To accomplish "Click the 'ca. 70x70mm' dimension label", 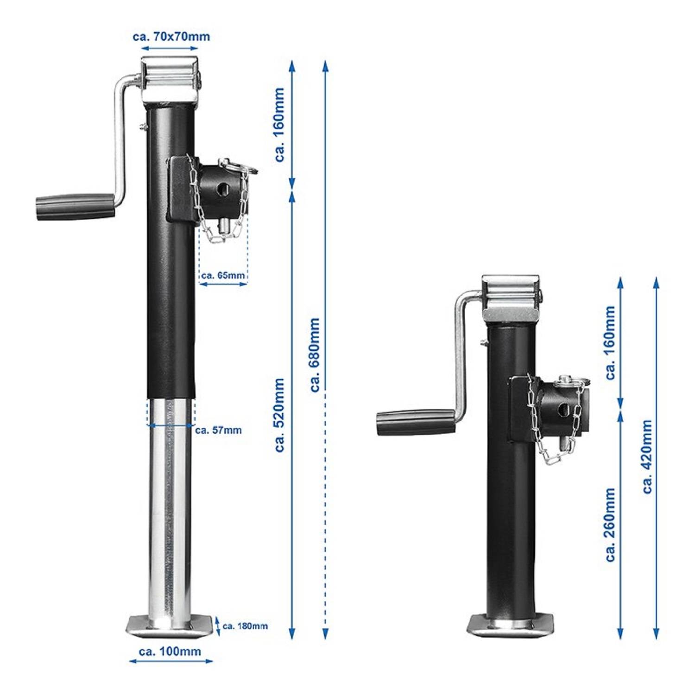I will (171, 36).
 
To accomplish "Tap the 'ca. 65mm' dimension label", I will (223, 275).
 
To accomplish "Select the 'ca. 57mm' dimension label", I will (218, 430).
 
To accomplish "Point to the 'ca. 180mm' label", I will (245, 626).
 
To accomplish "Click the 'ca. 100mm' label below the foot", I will (170, 651).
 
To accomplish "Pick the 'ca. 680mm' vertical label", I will (315, 354).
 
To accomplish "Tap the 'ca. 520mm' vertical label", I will (279, 415).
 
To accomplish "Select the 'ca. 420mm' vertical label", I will (647, 456).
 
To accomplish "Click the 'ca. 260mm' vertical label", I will (611, 524).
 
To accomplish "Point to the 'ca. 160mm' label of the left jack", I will (279, 125).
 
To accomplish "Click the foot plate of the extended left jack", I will (171, 626).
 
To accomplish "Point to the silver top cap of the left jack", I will (170, 79).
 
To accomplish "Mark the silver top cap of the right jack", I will (511, 297).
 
